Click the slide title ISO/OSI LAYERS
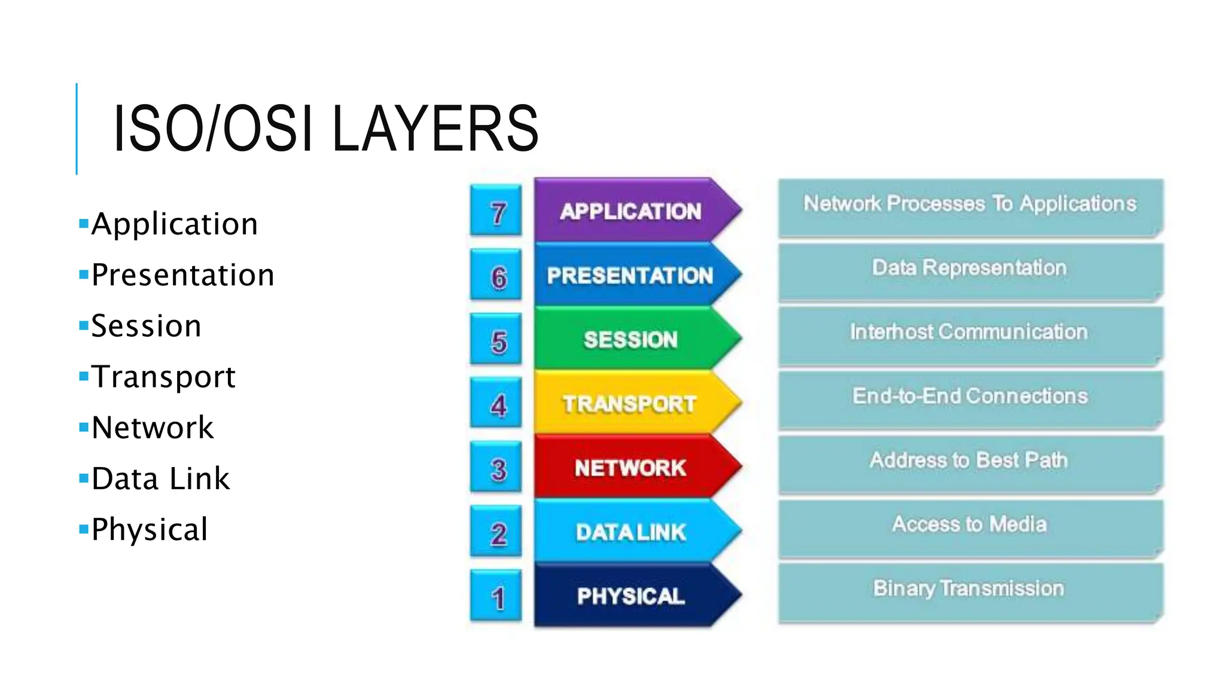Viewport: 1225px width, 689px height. (325, 128)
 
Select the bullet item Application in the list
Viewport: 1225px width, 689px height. (174, 224)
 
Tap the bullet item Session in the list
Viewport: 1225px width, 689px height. (146, 326)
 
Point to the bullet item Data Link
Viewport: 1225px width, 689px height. (160, 478)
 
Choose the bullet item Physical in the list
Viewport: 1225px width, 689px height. (150, 529)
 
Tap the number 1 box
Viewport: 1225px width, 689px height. (496, 596)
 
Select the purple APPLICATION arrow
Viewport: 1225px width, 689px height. (631, 211)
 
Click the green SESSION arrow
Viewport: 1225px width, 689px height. (631, 339)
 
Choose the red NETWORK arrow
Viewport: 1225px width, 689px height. (631, 468)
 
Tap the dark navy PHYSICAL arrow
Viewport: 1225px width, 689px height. (631, 596)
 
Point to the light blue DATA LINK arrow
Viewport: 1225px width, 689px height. (631, 532)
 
